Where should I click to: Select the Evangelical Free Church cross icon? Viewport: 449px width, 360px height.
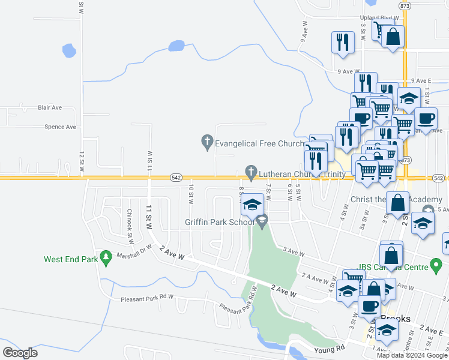206,142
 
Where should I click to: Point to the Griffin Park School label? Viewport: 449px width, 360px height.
220,222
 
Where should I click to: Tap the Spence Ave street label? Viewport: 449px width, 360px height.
61,127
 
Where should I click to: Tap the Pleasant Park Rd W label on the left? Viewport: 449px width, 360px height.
147,298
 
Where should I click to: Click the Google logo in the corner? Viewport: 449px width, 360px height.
20,353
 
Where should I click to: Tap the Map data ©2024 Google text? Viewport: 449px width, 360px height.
412,355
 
